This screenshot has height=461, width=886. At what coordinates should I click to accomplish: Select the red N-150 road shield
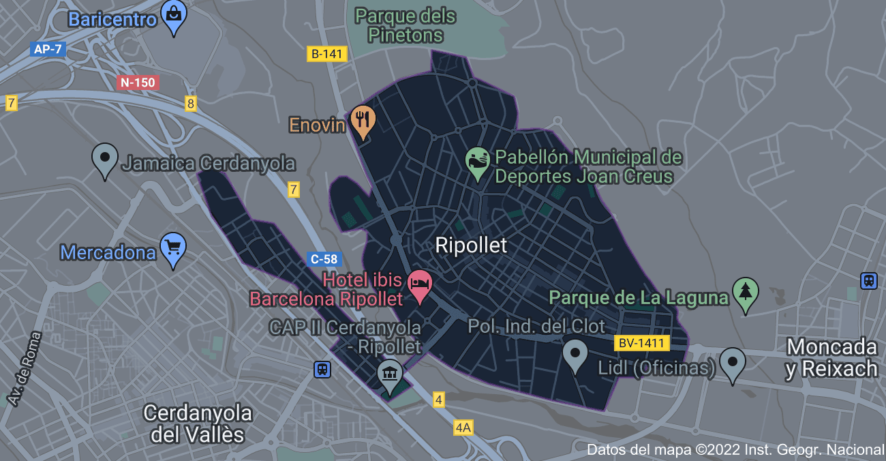[138, 83]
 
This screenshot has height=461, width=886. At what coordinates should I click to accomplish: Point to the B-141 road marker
[328, 54]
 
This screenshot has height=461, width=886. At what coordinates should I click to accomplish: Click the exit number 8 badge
[191, 104]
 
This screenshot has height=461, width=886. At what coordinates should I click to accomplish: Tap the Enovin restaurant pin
[363, 119]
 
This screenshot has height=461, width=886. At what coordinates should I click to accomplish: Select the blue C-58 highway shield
[324, 259]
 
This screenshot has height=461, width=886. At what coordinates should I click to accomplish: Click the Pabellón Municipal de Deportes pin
[478, 161]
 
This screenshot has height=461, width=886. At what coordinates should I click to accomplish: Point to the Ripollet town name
[471, 246]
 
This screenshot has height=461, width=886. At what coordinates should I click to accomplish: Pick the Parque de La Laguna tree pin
[745, 292]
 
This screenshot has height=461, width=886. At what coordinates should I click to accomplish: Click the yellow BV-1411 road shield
[642, 343]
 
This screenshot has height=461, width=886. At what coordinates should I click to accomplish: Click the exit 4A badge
[463, 428]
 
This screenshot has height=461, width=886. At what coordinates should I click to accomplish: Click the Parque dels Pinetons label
[406, 25]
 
